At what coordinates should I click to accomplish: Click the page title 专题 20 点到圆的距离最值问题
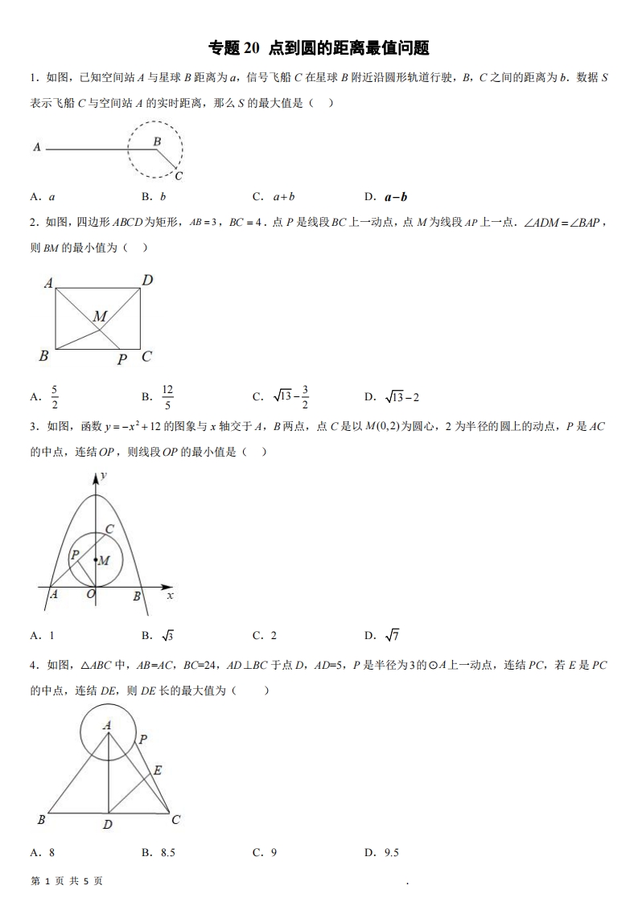click(x=319, y=48)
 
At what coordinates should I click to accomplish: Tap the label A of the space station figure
click(x=37, y=147)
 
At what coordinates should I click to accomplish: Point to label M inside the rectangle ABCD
click(x=100, y=317)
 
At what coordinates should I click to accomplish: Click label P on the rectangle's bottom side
click(x=121, y=359)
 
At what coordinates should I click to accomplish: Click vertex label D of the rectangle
click(x=147, y=281)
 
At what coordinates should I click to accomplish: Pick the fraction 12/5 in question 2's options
click(x=167, y=396)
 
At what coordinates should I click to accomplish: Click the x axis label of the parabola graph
click(x=170, y=596)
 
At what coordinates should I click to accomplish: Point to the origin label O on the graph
click(x=91, y=594)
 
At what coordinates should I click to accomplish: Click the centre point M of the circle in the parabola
click(x=96, y=560)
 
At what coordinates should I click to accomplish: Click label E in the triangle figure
click(x=158, y=770)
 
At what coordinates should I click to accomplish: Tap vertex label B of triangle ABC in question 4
click(x=41, y=820)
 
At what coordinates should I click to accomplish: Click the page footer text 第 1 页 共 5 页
click(x=67, y=880)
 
